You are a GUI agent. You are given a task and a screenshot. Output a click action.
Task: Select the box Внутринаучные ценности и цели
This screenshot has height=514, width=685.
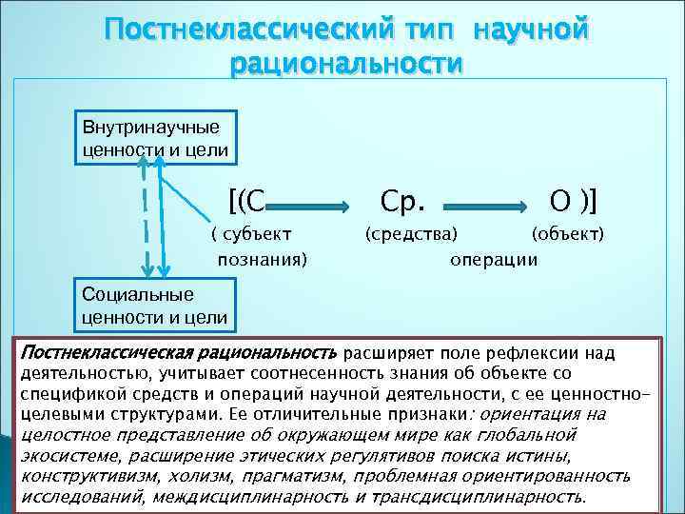coord(151,138)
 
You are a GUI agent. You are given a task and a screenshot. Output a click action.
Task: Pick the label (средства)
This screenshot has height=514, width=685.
coord(410,233)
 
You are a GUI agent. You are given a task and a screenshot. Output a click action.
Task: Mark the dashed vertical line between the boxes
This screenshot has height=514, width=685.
coord(145,224)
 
